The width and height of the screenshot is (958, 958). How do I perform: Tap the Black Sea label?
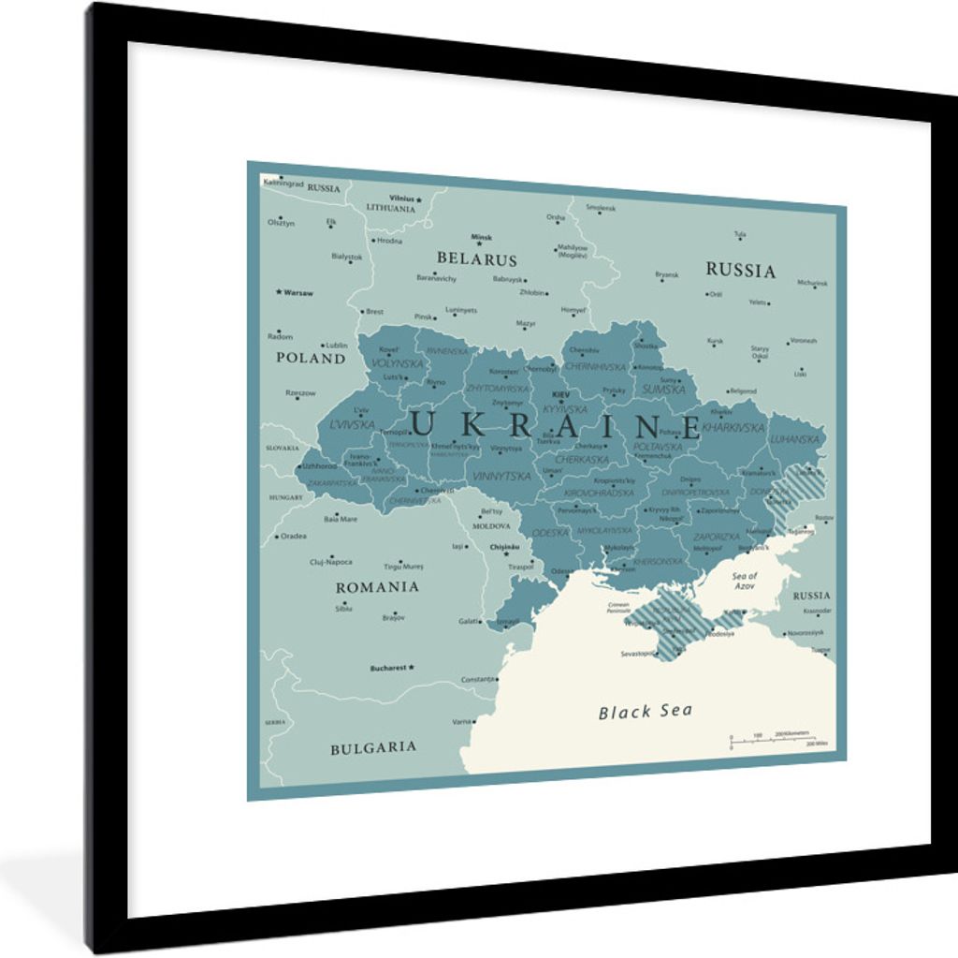pos(646,712)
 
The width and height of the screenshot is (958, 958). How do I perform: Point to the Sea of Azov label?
pos(745,581)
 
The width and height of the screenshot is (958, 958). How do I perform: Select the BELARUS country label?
pos(476,259)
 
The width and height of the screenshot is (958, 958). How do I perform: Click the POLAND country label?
pos(311,358)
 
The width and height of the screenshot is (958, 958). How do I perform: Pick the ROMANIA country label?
pos(377,587)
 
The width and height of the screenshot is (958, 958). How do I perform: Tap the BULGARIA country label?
pos(373,747)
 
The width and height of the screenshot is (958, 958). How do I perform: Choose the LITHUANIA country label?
pos(390,208)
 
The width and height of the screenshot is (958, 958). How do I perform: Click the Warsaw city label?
pos(298,292)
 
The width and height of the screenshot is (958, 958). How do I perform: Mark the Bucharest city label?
pos(388,668)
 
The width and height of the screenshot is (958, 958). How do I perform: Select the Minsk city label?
pos(481,237)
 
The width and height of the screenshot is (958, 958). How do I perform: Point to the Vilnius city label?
pos(402,199)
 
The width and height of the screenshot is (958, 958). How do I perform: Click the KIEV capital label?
pos(560,394)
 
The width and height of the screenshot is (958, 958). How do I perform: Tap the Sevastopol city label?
pos(638,653)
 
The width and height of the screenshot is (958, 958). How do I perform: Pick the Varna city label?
pos(462,722)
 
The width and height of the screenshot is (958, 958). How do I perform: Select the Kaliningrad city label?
pos(284,183)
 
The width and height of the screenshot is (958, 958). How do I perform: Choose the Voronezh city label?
pos(803,341)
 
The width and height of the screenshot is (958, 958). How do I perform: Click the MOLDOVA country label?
pos(491,526)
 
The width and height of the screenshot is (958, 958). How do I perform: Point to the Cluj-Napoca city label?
pos(331,562)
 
